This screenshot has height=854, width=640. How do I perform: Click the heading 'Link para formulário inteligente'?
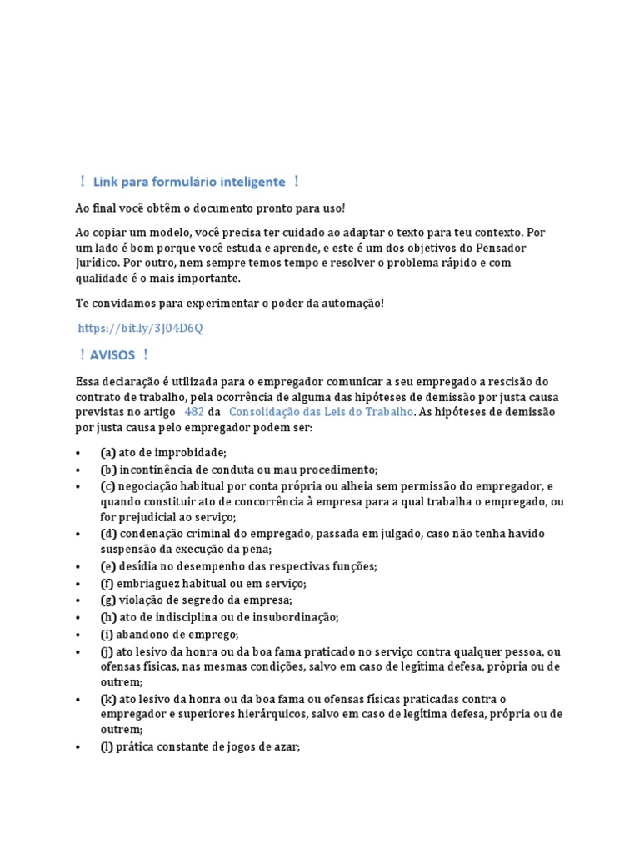189,182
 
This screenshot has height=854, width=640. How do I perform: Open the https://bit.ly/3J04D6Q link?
140,329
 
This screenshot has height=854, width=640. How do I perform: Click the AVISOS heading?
113,355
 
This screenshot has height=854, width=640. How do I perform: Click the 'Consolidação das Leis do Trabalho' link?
321,412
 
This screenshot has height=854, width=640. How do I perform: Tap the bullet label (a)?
107,453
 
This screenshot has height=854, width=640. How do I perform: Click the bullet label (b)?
107,470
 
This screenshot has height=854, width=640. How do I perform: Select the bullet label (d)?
107,533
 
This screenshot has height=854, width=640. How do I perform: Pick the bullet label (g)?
107,600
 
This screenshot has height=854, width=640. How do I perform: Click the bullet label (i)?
107,634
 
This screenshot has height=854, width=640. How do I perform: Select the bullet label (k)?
107,698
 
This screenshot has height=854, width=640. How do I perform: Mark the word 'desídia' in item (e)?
137,566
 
